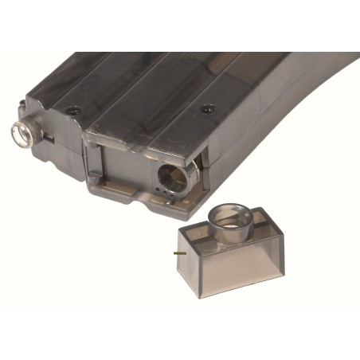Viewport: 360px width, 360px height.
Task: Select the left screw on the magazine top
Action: (x=72, y=111)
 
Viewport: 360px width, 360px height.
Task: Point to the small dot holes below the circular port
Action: (x=166, y=192)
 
